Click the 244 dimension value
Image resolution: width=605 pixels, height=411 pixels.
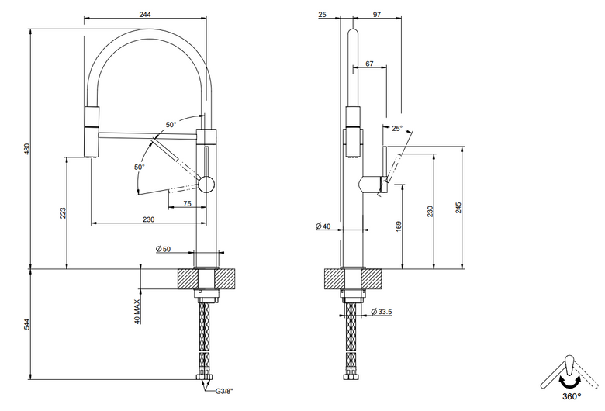pos(145,15)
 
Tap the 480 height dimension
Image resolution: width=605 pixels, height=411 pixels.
pos(26,149)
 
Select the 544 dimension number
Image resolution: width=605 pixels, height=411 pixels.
pos(26,324)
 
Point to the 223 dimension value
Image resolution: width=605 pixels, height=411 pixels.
pos(63,213)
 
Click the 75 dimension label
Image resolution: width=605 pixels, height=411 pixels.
pos(187,203)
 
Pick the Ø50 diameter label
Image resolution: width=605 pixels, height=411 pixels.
pos(163,249)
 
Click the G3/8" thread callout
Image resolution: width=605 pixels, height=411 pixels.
pos(224,392)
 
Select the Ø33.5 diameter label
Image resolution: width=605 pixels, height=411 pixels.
pos(381,312)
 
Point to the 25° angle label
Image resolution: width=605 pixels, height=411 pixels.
pos(397,129)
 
